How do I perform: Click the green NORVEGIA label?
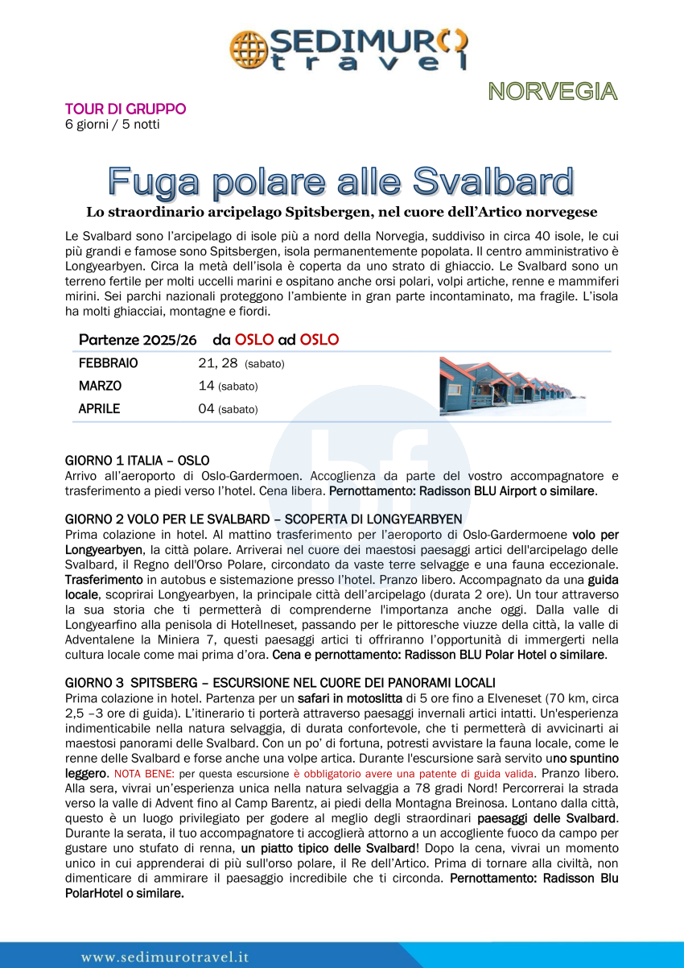click(553, 92)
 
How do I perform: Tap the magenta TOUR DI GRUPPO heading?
click(126, 109)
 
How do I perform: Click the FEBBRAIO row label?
click(108, 363)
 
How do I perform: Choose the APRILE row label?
click(99, 408)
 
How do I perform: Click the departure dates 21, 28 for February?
click(218, 363)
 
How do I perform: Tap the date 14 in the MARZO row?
click(206, 386)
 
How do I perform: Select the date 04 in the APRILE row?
click(206, 408)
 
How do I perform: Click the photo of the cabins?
click(512, 387)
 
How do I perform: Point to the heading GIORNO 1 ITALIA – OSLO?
click(137, 461)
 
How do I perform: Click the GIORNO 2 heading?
click(263, 519)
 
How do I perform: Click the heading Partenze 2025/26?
click(138, 340)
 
